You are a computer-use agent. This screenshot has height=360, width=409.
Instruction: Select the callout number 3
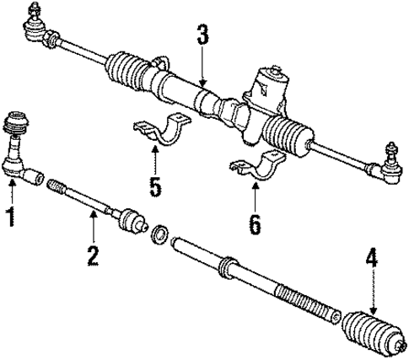202,36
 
